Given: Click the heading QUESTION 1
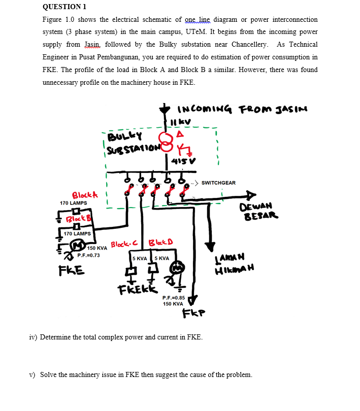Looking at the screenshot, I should pyautogui.click(x=64, y=7).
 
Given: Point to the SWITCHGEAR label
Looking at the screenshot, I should pyautogui.click(x=219, y=183).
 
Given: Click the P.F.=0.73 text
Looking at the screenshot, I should pyautogui.click(x=88, y=255).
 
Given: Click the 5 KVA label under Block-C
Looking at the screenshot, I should pyautogui.click(x=139, y=258).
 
